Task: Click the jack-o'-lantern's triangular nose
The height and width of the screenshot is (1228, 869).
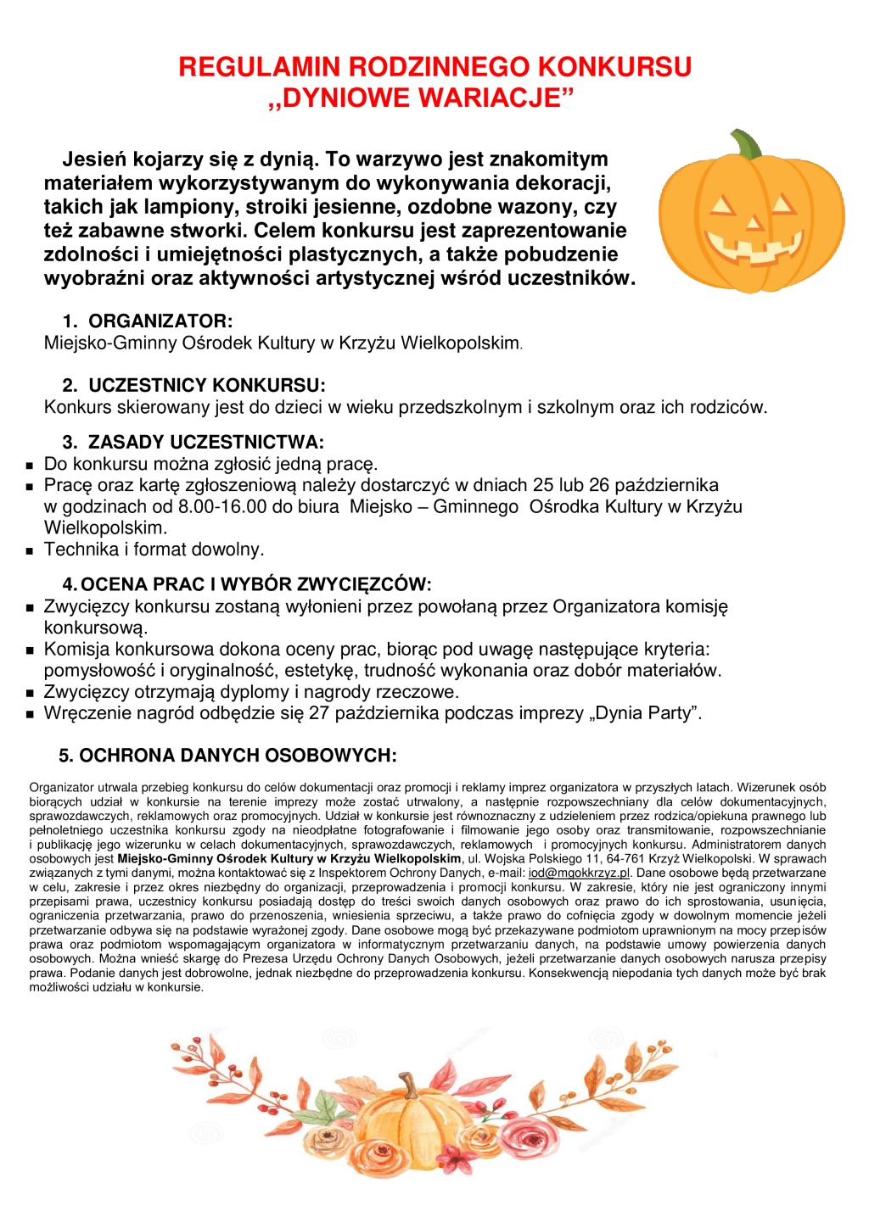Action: [753, 223]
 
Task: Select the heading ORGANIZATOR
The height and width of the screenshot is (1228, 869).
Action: [160, 321]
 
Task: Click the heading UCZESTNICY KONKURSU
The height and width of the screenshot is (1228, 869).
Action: [206, 386]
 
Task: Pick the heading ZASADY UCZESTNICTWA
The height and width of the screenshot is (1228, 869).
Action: [205, 443]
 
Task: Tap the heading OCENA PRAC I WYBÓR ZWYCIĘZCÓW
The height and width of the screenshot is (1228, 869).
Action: [256, 584]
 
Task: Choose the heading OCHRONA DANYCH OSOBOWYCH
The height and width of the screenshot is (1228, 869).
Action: [238, 756]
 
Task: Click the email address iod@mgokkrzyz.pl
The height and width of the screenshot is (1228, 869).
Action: [580, 874]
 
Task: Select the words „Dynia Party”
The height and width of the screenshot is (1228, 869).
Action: [646, 713]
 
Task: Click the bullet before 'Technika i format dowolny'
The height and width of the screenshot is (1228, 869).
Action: [30, 550]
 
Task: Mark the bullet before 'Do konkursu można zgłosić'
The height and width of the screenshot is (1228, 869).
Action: [30, 466]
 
